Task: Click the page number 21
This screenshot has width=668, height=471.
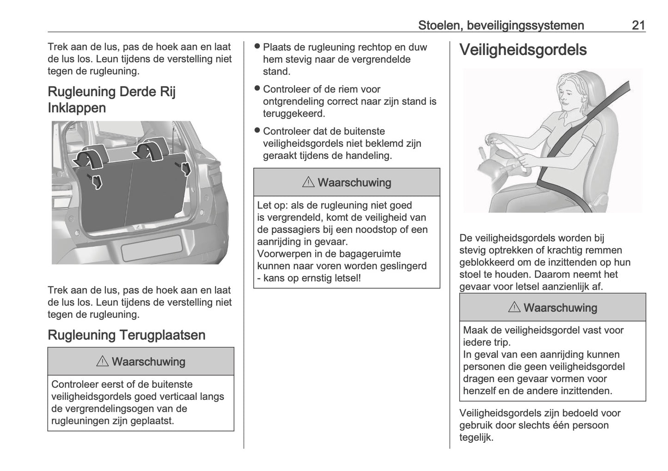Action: click(x=638, y=25)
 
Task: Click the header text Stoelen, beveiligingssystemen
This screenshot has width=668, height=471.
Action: click(x=501, y=25)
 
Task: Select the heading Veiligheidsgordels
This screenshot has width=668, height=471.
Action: click(x=523, y=50)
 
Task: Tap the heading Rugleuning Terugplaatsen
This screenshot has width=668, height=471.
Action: click(x=126, y=335)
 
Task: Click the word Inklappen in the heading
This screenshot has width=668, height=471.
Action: click(x=77, y=108)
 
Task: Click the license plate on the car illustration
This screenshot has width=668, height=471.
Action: click(x=151, y=247)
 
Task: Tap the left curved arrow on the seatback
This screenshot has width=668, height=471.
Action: click(x=89, y=157)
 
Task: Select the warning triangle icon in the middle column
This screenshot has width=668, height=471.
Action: click(x=308, y=183)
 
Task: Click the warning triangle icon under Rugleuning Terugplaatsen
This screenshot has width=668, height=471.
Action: click(x=102, y=362)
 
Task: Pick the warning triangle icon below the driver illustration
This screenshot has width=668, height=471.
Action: click(x=514, y=308)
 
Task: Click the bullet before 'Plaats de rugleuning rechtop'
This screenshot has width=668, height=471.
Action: click(x=257, y=47)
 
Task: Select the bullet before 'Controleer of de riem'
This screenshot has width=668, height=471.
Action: click(x=257, y=89)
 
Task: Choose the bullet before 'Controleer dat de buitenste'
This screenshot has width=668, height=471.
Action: click(x=257, y=131)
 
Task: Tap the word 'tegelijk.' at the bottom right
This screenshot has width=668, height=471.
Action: click(x=477, y=437)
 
